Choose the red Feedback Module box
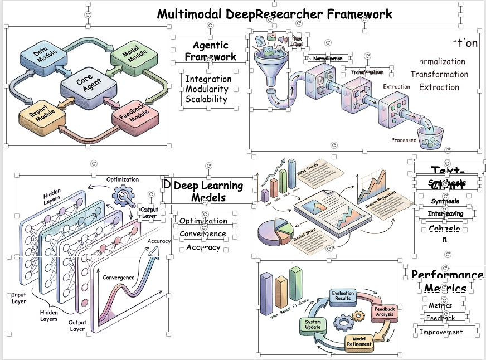point(131,114)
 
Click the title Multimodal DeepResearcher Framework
point(274,14)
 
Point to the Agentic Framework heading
point(210,51)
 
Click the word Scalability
point(206,99)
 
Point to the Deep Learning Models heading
point(208,191)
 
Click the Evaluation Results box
point(343,295)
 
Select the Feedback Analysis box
point(384,312)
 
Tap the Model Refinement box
point(359,341)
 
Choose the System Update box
point(313,324)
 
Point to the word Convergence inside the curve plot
point(118,277)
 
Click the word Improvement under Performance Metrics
point(441,332)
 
